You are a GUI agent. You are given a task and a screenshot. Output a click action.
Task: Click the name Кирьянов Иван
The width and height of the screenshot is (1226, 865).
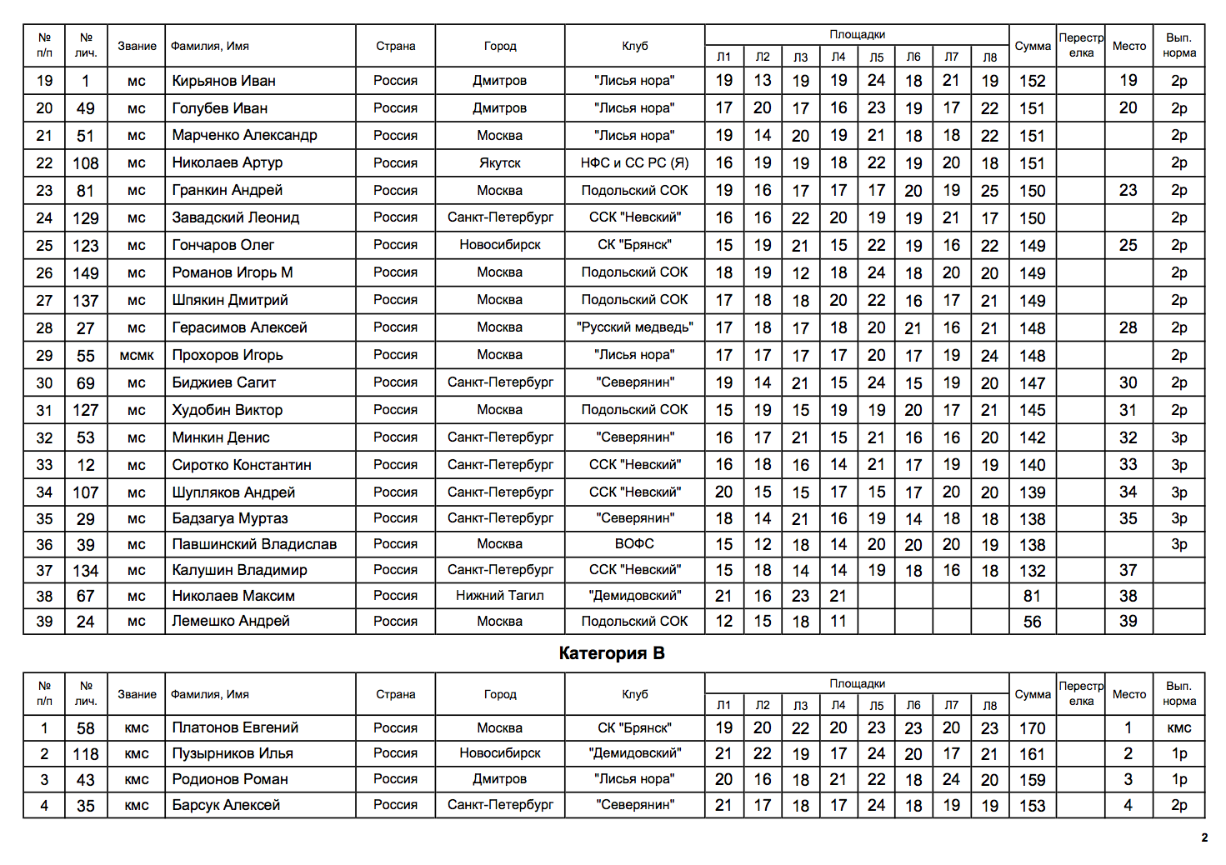tap(223, 81)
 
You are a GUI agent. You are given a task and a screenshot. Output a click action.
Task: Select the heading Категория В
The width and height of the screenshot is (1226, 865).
tap(612, 653)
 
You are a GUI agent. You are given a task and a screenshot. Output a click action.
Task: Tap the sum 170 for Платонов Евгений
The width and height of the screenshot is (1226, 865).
tap(1032, 728)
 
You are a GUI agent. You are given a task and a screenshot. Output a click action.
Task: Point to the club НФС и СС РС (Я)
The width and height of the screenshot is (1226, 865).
tap(634, 163)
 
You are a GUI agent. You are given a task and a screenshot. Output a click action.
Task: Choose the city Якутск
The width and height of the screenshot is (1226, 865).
tap(499, 163)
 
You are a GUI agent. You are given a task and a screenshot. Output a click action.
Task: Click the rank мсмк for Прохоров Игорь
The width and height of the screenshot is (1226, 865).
tap(137, 356)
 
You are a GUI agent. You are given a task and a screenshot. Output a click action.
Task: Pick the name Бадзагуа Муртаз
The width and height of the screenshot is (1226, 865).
tap(230, 518)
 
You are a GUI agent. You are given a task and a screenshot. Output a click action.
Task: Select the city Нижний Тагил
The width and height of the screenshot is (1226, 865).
tap(499, 596)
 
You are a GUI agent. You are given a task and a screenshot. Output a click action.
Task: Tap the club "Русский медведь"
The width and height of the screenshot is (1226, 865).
tap(634, 327)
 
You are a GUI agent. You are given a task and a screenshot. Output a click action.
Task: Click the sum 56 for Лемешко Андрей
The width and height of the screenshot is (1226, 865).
tap(1032, 622)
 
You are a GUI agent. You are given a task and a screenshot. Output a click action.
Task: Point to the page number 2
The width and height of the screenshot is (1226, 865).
tap(1203, 837)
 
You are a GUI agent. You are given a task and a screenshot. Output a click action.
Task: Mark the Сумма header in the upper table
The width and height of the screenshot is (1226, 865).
tap(1032, 46)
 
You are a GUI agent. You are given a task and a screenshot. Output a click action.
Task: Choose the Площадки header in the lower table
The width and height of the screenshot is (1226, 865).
tap(857, 683)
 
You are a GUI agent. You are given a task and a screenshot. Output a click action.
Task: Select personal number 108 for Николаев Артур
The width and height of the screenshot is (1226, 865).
tap(86, 163)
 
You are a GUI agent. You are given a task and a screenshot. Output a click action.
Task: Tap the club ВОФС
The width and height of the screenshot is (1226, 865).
tap(634, 544)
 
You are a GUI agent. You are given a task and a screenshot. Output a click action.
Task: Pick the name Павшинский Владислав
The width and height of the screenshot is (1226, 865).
tap(254, 544)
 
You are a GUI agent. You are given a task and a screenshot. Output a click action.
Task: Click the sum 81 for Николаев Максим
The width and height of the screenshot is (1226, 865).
tap(1032, 596)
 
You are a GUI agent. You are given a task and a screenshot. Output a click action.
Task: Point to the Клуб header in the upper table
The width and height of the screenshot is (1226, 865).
tap(634, 46)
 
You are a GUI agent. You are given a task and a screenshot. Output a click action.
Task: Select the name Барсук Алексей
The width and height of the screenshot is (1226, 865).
tap(226, 805)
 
